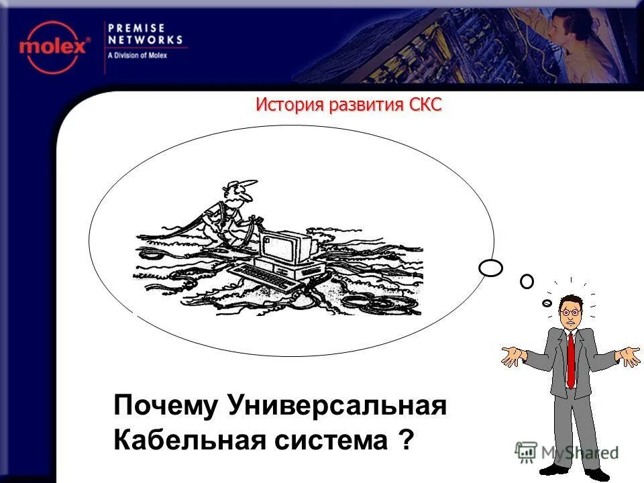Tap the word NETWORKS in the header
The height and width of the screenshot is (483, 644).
145,40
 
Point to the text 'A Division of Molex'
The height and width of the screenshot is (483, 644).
138,56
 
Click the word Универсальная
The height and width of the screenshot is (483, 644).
337,406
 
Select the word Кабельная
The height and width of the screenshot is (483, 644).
190,441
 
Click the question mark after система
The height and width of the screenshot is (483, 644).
405,441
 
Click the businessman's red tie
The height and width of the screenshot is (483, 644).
570,359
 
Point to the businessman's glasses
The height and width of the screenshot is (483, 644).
570,312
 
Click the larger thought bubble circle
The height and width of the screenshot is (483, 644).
491,268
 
